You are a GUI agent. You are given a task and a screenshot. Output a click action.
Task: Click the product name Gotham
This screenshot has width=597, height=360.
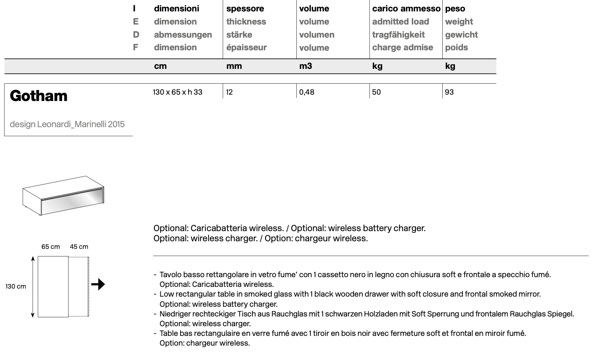click(x=38, y=96)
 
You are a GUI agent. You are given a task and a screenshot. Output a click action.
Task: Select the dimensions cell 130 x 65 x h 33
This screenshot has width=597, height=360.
click(x=178, y=92)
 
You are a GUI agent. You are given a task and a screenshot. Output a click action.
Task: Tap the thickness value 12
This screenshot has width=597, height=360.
click(x=230, y=92)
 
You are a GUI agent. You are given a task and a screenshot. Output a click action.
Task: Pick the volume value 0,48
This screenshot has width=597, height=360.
click(x=307, y=92)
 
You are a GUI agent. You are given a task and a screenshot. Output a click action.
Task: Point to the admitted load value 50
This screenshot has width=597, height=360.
click(x=376, y=92)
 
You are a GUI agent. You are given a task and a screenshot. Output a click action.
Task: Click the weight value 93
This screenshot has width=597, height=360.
click(x=449, y=92)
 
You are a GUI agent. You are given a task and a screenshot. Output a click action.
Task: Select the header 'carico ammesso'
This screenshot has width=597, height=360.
click(x=406, y=8)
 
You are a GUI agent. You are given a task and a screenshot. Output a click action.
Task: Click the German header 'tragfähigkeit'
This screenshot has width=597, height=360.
click(x=398, y=35)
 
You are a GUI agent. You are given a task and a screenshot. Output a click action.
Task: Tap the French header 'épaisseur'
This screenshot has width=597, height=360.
click(x=246, y=47)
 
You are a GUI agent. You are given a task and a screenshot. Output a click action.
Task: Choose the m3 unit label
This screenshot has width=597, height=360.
click(x=306, y=66)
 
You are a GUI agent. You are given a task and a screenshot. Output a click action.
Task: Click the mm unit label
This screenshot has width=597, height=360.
click(x=234, y=66)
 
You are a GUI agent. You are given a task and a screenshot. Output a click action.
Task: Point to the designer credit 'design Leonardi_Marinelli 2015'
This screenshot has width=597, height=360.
click(x=67, y=124)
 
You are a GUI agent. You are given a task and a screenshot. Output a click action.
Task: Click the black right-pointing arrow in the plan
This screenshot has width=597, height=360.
click(x=98, y=284)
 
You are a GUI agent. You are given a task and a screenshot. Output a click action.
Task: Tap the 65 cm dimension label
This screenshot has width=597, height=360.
click(x=51, y=247)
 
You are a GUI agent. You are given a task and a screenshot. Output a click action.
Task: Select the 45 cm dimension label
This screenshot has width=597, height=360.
click(x=79, y=247)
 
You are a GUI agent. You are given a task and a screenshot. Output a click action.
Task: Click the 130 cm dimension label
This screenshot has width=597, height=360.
click(x=16, y=286)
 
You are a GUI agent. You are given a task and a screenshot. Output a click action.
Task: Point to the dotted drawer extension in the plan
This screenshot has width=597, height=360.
click(x=79, y=286)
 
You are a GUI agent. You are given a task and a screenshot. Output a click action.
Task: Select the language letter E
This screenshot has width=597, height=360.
click(x=135, y=22)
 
